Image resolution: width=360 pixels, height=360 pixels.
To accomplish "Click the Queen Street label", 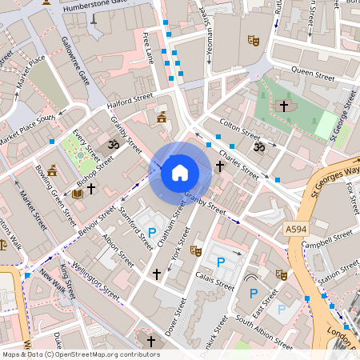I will click(x=313, y=72).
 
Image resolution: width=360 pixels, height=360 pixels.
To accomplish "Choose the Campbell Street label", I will click(x=328, y=238).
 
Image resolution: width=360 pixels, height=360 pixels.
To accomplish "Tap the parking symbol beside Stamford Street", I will click(x=152, y=232).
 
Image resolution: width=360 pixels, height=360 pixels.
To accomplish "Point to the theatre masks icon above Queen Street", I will click(x=254, y=39).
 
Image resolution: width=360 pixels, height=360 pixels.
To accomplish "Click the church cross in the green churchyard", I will click(x=284, y=105).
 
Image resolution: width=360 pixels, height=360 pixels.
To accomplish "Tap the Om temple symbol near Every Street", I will click(x=113, y=145).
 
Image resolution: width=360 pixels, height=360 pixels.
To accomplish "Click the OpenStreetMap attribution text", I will click(x=80, y=354).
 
